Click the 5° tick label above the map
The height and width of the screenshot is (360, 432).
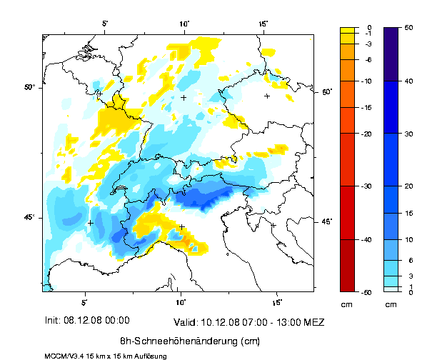(x=105, y=23)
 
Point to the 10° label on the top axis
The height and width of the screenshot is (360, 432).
(x=184, y=23)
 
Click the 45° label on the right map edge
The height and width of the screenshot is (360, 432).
(x=326, y=221)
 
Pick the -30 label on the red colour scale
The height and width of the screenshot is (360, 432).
(x=368, y=186)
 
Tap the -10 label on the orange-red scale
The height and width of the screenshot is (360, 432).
(x=368, y=81)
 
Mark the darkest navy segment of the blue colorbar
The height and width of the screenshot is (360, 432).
(x=391, y=54)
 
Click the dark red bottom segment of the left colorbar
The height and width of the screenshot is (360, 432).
(x=348, y=265)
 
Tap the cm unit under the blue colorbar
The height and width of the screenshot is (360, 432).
(x=391, y=305)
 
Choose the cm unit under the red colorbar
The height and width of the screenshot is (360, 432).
(x=347, y=305)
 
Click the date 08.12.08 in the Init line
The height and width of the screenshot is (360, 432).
(x=89, y=320)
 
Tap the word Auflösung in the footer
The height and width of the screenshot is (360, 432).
(x=150, y=355)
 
